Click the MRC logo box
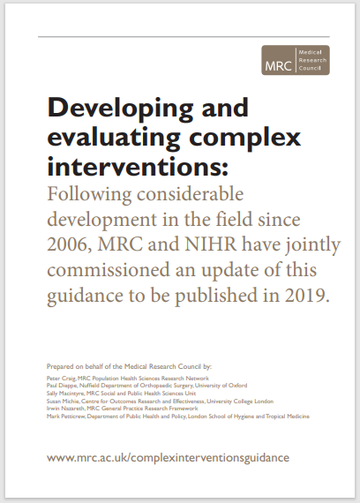coord(296,60)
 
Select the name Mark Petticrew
coord(66,417)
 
